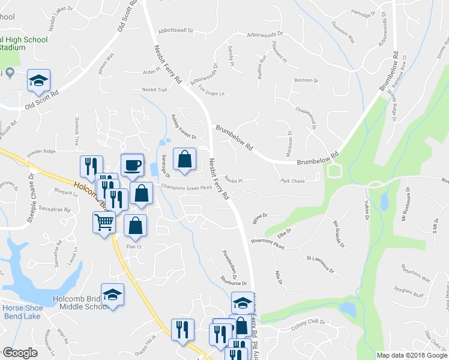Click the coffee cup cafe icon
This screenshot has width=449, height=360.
132,164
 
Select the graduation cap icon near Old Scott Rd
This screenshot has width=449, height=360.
39,80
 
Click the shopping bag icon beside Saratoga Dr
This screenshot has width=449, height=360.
185,159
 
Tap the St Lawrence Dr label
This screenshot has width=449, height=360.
320,262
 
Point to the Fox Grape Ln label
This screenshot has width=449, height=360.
211,91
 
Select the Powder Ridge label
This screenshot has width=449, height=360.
41,151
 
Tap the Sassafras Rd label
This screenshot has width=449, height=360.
55,210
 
